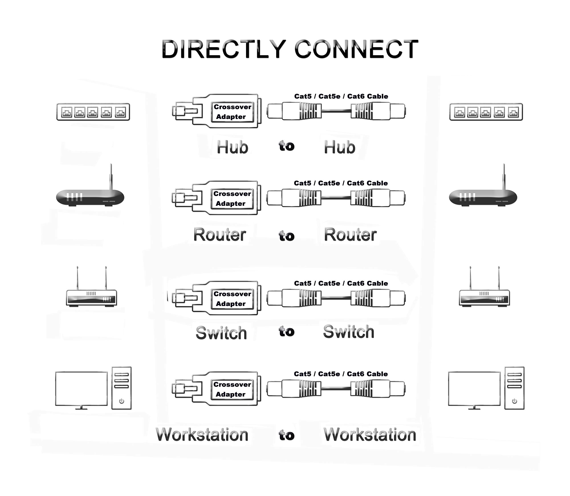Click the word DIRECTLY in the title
coord(224,49)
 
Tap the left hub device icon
coord(93,112)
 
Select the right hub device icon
coord(486,112)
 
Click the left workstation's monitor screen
coord(81,388)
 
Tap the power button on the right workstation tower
coord(514,401)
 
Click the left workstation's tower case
coord(121,388)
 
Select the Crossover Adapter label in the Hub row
coord(232,112)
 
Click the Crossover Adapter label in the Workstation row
coord(232,389)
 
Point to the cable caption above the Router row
coord(340,183)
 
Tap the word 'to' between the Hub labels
coord(287,146)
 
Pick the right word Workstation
coord(370,435)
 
